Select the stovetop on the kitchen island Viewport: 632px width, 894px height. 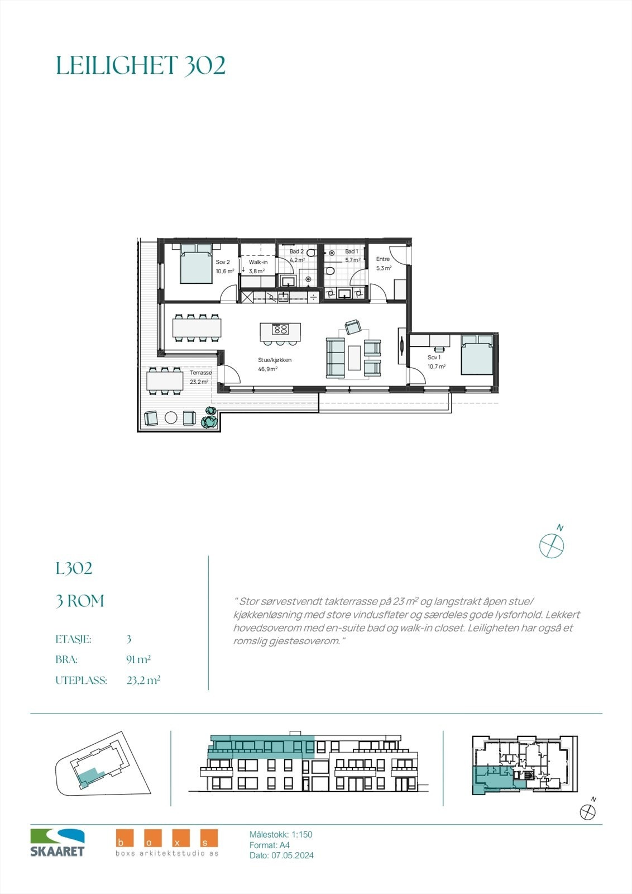click(x=281, y=329)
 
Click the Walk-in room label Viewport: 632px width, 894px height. click(x=258, y=262)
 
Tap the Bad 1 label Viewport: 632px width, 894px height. click(x=352, y=252)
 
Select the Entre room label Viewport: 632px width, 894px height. click(x=383, y=259)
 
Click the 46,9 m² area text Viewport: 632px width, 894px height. click(x=267, y=369)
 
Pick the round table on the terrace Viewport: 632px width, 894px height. click(x=170, y=417)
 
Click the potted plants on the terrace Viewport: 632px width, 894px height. click(x=209, y=418)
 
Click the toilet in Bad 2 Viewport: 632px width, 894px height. click(x=311, y=253)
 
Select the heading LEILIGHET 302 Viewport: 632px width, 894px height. click(x=141, y=65)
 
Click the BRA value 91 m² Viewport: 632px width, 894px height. click(x=138, y=660)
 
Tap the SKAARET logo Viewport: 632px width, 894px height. click(x=58, y=843)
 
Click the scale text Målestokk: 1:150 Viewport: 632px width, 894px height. click(x=281, y=834)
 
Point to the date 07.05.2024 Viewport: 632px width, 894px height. click(x=292, y=855)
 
